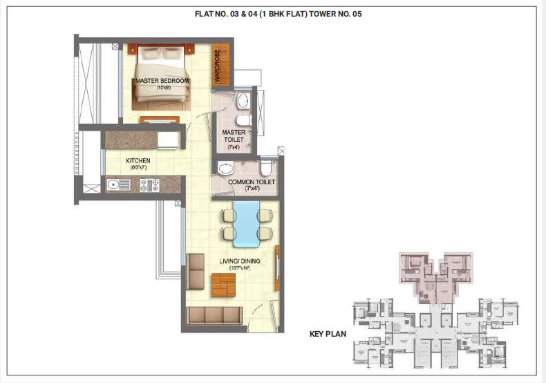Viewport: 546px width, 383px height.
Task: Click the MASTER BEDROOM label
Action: click(x=162, y=81)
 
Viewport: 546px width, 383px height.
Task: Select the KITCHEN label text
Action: click(x=138, y=161)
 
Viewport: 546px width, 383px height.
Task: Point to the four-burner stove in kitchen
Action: click(x=149, y=185)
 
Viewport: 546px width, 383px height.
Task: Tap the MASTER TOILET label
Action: click(x=232, y=135)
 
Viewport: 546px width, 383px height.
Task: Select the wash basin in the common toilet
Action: click(x=225, y=168)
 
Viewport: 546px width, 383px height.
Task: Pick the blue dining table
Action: click(x=245, y=223)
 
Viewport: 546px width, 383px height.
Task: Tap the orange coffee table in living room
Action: click(x=223, y=283)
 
